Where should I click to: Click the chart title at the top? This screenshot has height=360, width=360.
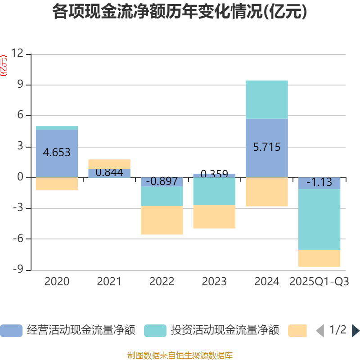[180, 12]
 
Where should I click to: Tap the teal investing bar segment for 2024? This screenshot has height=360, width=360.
[267, 99]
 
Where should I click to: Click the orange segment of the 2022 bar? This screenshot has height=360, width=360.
[162, 220]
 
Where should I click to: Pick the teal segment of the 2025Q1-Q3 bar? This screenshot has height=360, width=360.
[319, 220]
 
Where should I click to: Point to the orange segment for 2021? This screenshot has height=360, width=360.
[109, 164]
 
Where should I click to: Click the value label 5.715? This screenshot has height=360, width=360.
[267, 147]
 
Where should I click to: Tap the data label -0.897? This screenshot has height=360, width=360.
[162, 182]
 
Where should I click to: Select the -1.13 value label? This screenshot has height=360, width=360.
[319, 183]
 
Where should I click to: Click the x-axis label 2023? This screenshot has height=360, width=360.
[214, 282]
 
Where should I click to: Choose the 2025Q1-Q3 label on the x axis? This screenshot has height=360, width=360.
[319, 282]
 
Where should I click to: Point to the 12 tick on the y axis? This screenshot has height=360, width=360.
[17, 54]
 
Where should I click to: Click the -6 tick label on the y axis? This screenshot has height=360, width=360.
[17, 239]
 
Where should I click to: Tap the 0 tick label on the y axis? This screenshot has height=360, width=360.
[20, 177]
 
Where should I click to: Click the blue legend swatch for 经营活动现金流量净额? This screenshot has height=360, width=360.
[11, 330]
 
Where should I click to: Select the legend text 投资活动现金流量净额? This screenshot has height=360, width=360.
[225, 330]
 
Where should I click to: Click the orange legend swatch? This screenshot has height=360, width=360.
[297, 330]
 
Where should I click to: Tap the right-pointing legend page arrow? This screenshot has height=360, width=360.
[355, 330]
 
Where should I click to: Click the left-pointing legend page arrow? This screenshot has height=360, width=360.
[319, 330]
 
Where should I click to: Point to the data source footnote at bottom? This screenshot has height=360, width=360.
[180, 355]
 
